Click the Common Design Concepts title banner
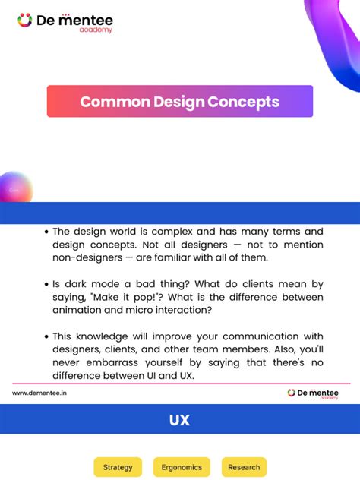point(180,101)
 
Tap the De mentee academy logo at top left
point(65,22)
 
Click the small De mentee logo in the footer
point(314,393)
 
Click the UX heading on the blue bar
point(180,420)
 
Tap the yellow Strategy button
point(118,467)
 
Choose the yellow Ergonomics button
point(181,467)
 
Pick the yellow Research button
point(244,467)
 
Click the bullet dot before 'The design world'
point(46,232)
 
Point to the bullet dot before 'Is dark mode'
point(46,283)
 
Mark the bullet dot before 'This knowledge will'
point(46,336)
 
